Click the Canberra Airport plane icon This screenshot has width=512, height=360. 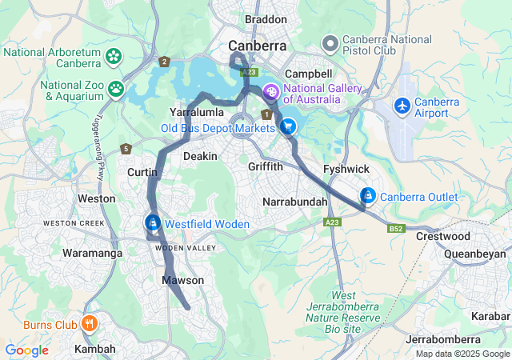(402, 105)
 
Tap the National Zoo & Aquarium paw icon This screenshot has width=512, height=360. (117, 88)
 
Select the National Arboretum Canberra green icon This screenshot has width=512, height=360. (114, 57)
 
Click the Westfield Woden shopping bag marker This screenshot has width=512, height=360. (152, 223)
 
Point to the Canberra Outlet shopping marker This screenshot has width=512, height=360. (367, 195)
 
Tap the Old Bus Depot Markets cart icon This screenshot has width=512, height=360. (288, 126)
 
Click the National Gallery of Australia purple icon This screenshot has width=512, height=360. (270, 92)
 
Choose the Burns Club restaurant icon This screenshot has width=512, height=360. (89, 324)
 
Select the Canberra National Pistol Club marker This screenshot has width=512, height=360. (329, 42)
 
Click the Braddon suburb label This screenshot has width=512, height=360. (266, 19)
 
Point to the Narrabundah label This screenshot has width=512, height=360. (295, 202)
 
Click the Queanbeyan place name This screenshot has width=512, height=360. (478, 254)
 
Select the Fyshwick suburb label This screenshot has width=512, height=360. (346, 169)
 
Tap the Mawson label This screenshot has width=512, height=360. (183, 280)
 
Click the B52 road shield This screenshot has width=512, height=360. (395, 228)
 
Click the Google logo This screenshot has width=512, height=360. (26, 350)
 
